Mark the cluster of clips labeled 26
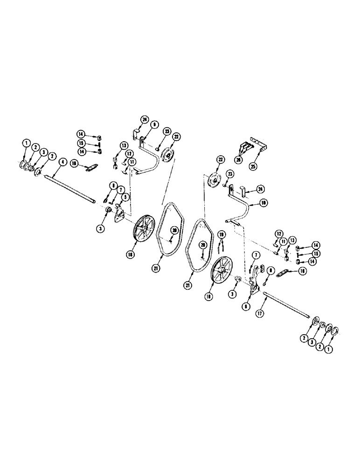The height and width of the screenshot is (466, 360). [x=245, y=145]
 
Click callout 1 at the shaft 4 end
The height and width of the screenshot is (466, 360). [x=26, y=142]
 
